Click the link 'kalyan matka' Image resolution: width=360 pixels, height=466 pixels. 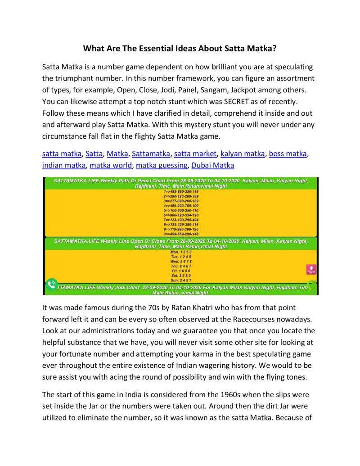(x=243, y=154)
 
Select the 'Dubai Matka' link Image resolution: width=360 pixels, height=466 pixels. (x=213, y=165)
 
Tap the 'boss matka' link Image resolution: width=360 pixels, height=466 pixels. (x=288, y=154)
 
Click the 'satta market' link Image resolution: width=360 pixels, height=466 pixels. (x=195, y=154)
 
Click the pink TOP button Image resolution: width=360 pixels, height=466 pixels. (x=311, y=269)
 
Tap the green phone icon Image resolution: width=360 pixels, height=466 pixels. (x=51, y=285)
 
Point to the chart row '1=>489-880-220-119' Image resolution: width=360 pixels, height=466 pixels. (x=180, y=191)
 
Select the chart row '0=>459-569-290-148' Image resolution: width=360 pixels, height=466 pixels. (x=180, y=234)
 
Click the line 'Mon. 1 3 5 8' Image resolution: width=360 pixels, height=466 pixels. (x=180, y=252)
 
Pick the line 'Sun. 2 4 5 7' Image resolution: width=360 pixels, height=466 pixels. (x=180, y=280)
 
